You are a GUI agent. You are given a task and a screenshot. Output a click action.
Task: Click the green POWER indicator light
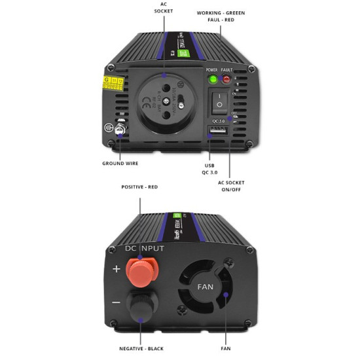(x=213, y=80)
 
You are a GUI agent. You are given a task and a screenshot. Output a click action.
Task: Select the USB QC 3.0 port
(x=216, y=130)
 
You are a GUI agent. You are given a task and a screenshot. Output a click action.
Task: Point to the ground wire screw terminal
(x=119, y=130)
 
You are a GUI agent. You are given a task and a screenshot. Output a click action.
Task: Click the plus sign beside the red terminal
(x=116, y=269)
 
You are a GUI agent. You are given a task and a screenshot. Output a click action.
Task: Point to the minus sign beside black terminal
(x=116, y=303)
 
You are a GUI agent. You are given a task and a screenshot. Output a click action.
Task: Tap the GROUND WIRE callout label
(x=120, y=163)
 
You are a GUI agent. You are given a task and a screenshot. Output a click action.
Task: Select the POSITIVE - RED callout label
(x=139, y=187)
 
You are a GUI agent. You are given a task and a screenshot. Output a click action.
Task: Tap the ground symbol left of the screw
(x=107, y=130)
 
